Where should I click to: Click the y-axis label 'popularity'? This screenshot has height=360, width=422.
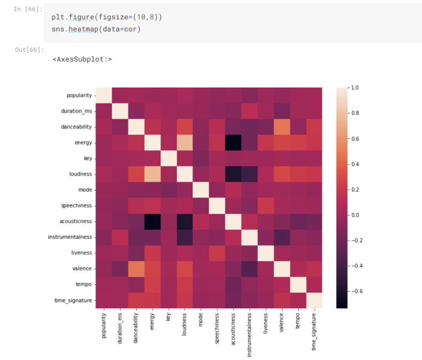click(78, 95)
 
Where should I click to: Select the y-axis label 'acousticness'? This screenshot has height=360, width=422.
click(76, 221)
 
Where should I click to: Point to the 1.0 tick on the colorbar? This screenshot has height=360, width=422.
click(356, 87)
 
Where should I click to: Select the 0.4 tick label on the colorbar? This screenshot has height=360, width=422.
click(356, 164)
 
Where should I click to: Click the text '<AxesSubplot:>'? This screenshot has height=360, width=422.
click(82, 59)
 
